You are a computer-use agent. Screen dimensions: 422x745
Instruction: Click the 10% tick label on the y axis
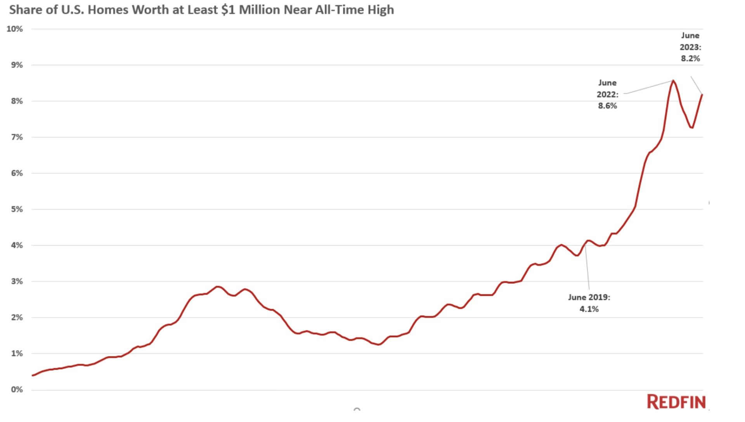(x=15, y=29)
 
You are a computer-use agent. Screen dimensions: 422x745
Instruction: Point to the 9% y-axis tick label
(x=17, y=65)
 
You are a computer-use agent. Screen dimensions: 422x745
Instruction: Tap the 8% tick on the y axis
(x=17, y=101)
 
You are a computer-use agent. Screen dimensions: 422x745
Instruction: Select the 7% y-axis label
(x=17, y=137)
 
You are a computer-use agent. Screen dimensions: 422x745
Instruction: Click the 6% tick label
(x=17, y=173)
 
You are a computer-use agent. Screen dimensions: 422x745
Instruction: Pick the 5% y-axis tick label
(x=17, y=209)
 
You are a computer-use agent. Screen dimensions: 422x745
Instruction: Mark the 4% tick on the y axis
(x=17, y=245)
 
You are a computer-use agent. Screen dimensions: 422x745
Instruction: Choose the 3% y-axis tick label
(x=17, y=281)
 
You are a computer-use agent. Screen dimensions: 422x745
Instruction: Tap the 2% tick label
(x=17, y=318)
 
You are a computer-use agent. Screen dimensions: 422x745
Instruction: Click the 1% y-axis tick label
(x=17, y=354)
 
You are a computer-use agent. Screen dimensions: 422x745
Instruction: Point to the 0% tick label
(x=17, y=390)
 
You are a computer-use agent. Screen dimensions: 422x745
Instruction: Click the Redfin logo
(x=676, y=402)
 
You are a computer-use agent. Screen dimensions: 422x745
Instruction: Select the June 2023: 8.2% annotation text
(x=690, y=47)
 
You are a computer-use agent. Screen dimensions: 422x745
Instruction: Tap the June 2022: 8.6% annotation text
(x=607, y=94)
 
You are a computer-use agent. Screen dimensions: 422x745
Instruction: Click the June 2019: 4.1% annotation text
(x=589, y=303)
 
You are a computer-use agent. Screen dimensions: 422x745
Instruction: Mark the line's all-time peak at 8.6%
(x=673, y=81)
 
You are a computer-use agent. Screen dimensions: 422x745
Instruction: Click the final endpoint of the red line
(x=702, y=94)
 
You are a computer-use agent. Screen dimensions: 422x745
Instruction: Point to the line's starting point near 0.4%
(x=33, y=375)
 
